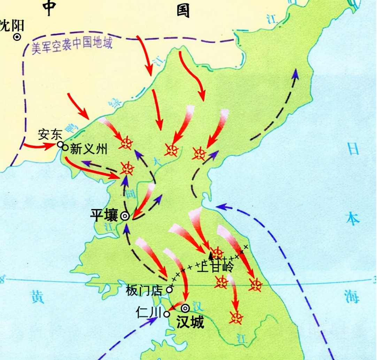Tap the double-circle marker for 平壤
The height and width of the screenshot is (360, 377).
pos(124,216)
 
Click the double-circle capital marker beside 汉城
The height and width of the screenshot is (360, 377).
pos(186,308)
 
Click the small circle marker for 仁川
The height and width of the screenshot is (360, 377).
pos(167,314)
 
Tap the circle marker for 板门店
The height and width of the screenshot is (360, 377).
pos(169,289)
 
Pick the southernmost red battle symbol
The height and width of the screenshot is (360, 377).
pos(237,317)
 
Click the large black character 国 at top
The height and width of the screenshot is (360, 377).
pos(183,10)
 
